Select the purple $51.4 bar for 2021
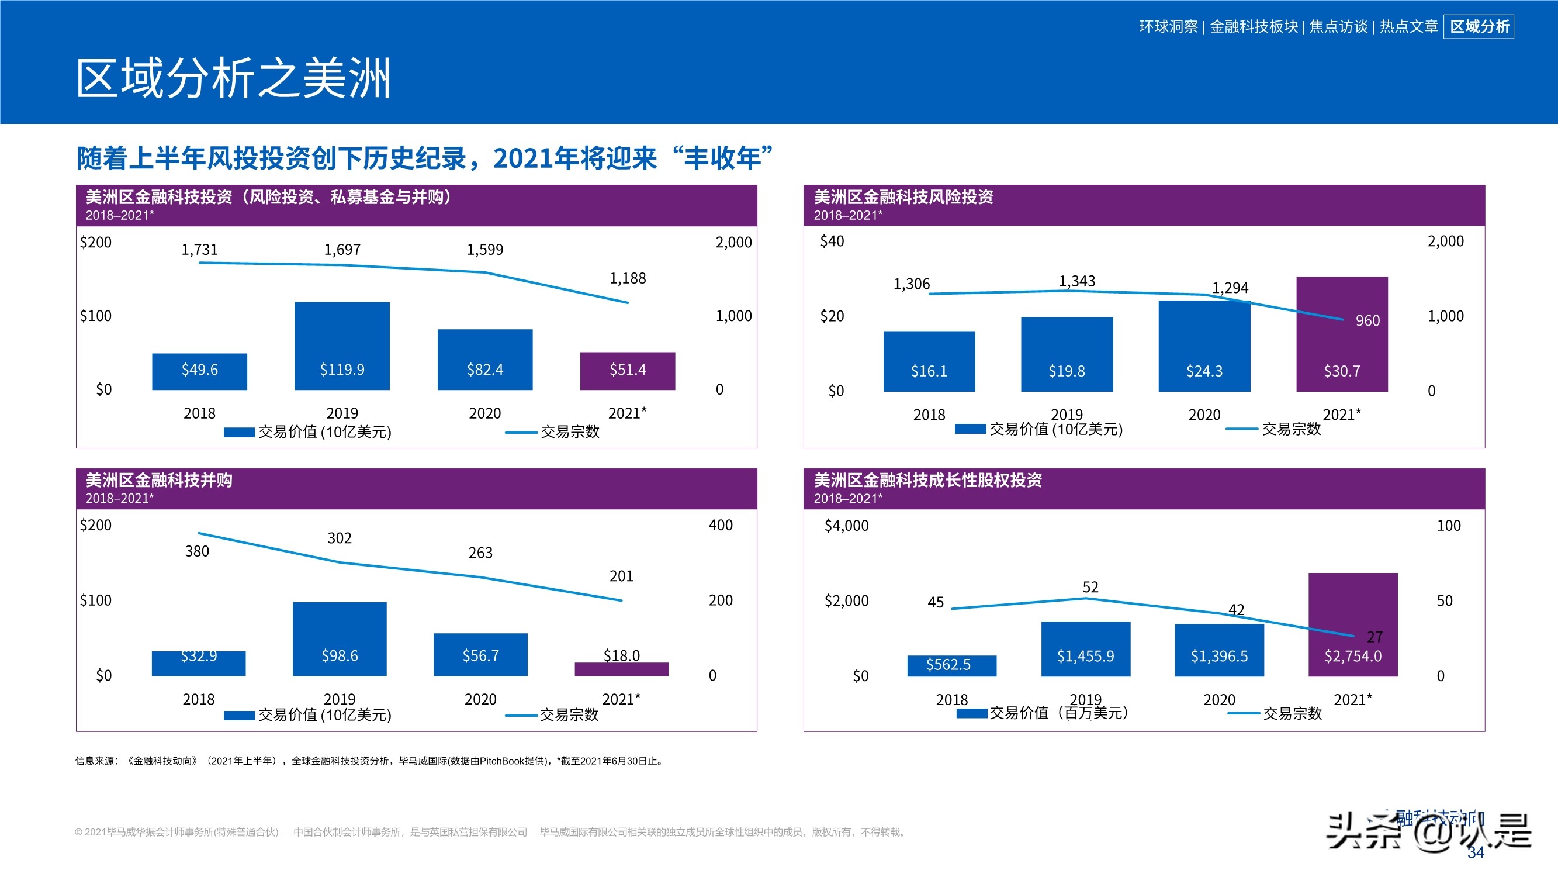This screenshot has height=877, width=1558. [x=627, y=371]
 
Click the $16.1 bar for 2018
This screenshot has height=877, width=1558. [x=929, y=361]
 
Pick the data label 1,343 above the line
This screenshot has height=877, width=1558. [x=1076, y=281]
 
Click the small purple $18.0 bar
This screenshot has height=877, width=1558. [x=621, y=669]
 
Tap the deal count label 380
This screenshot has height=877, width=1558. [x=196, y=551]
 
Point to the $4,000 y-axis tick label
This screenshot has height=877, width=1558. [x=846, y=526]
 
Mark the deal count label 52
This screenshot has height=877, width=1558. [x=1090, y=587]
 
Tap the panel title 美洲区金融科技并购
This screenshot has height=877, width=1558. [x=159, y=480]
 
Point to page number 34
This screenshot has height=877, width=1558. [x=1475, y=853]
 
